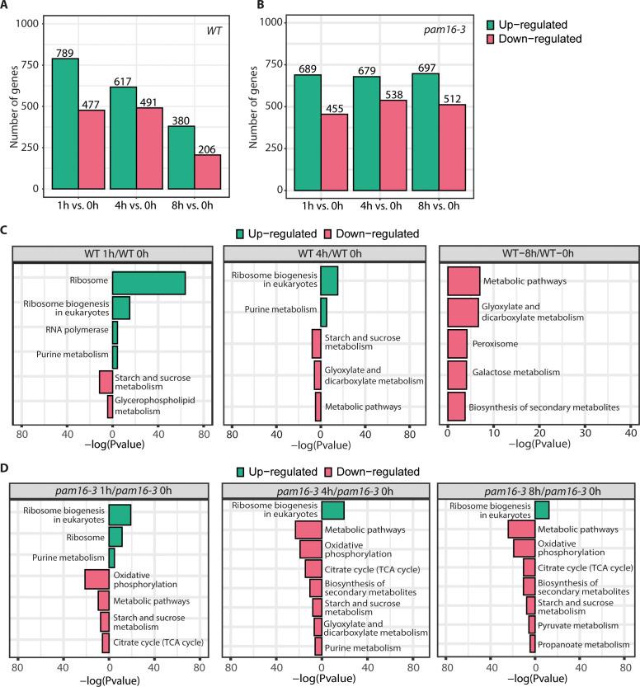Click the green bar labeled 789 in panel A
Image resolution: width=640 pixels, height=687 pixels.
[x=65, y=124]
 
